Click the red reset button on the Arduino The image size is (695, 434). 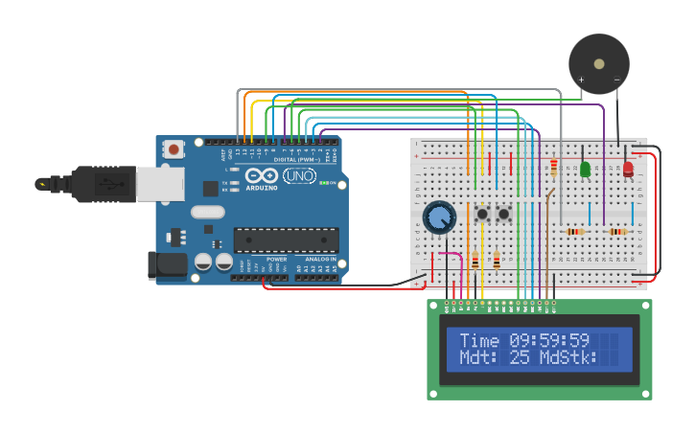tap(174, 148)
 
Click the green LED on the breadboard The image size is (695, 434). tap(585, 169)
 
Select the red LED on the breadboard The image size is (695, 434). tap(628, 170)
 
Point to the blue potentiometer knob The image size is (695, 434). tap(439, 217)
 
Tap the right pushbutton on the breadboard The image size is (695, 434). tap(503, 214)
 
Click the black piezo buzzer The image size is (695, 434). tap(599, 64)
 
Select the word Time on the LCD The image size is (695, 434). tap(479, 340)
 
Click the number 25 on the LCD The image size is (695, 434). tap(520, 357)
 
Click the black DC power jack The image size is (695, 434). tap(166, 265)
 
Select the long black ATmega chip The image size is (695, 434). tap(286, 240)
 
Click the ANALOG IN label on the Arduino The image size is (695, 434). tap(320, 259)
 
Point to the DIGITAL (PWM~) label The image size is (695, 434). tap(297, 159)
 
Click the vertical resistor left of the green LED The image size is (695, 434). tap(554, 168)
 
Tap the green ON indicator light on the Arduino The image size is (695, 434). tap(323, 183)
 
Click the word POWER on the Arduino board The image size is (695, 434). tap(276, 259)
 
